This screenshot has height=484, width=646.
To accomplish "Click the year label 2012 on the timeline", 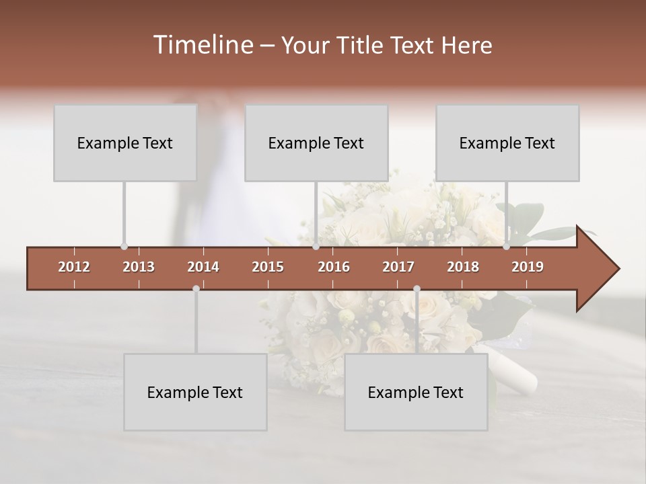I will (74, 267).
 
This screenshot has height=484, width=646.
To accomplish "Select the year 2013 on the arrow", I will (139, 267).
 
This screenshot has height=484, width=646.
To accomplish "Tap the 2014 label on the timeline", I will (203, 267).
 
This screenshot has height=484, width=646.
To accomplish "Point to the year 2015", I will (268, 267).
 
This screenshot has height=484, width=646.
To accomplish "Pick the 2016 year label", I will (334, 267).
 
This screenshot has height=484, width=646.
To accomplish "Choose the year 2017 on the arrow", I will (398, 267).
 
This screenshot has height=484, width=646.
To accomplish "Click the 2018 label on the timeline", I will (463, 267).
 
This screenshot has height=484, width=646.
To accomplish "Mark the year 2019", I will (528, 267).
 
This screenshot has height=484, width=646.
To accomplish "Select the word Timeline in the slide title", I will (203, 45).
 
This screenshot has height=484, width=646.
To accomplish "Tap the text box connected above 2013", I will (125, 143).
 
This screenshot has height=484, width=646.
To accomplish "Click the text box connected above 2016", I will (316, 143).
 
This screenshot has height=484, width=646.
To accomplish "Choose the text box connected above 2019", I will (507, 143).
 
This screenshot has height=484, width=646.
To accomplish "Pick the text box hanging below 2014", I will (195, 392).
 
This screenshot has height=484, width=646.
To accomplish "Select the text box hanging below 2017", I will (416, 392).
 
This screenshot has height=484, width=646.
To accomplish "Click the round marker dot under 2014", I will (196, 288).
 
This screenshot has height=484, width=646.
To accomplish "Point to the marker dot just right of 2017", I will (417, 288).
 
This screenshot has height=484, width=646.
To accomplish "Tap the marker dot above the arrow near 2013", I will (124, 247).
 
